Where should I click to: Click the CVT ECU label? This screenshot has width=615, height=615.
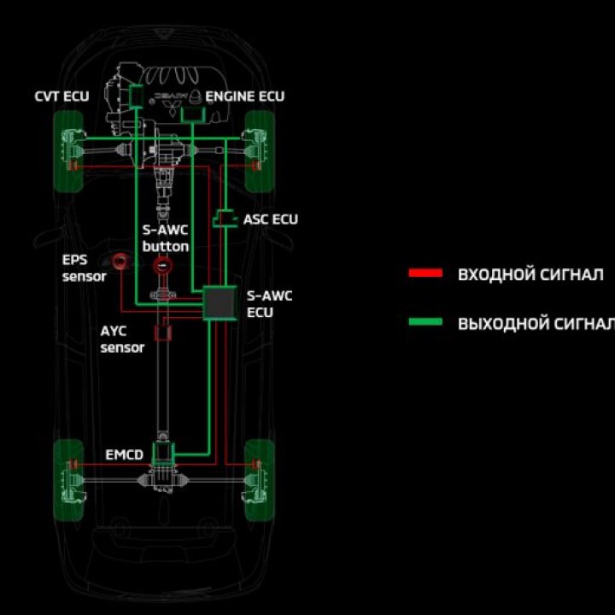62,97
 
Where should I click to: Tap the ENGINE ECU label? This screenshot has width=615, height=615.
245,97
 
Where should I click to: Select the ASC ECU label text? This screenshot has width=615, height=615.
271,220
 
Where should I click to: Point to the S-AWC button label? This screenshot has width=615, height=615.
166,238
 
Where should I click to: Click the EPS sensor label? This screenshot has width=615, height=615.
84,267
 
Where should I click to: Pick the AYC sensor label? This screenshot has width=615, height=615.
122,339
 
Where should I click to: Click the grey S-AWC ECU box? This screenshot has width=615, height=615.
220,303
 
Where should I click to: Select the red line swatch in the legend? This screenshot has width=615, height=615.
425,274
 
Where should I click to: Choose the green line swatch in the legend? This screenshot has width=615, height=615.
425,322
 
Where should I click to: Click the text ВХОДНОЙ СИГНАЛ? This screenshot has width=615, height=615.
530,275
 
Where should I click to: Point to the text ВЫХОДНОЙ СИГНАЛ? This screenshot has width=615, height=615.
536,324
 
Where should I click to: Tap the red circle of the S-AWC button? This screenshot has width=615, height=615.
161,266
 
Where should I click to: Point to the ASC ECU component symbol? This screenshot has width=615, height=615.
225,220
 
